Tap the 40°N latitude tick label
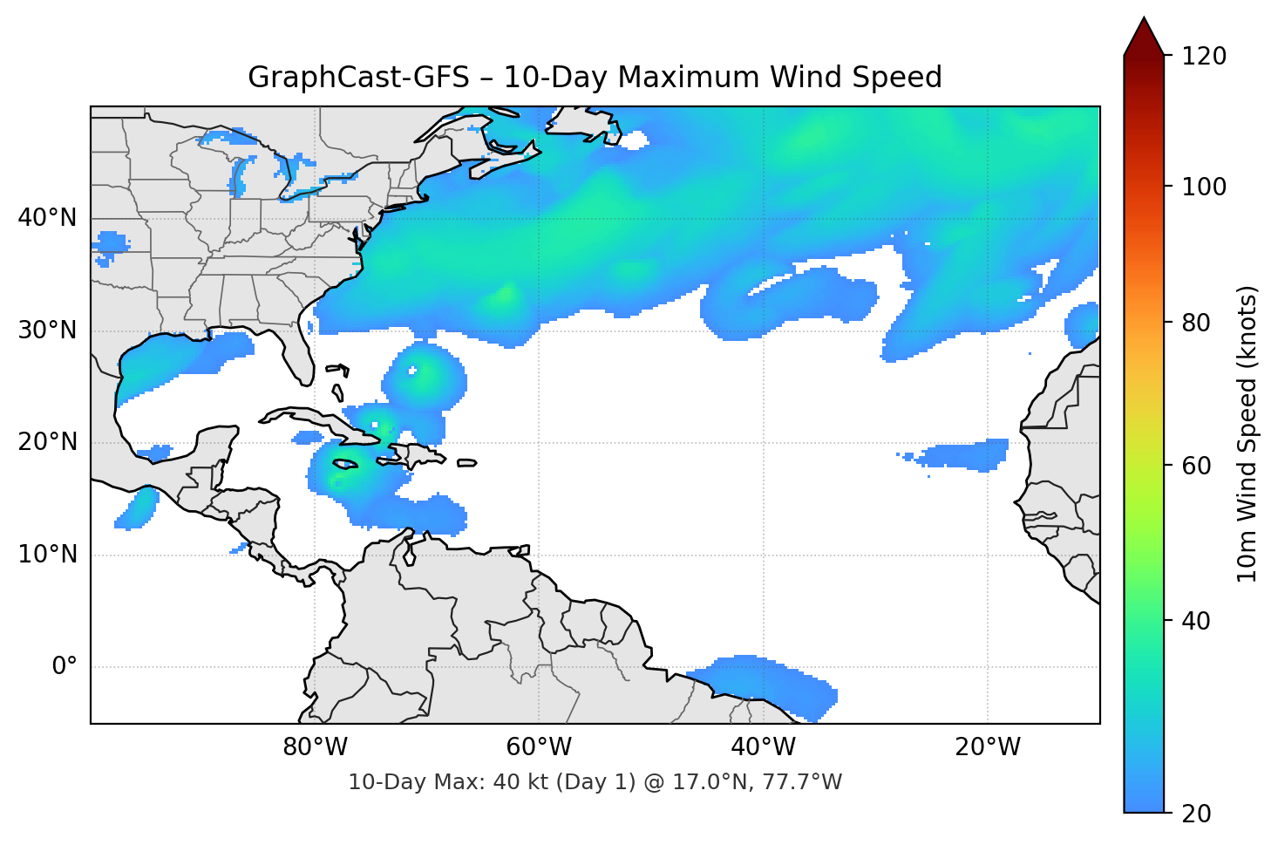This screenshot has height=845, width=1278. click(47, 218)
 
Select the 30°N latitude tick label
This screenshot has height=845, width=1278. click(47, 331)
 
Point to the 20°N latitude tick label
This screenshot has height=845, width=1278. click(47, 442)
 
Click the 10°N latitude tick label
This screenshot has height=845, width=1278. click(47, 555)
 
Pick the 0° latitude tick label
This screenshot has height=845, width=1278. click(65, 667)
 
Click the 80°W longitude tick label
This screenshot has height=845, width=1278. click(315, 747)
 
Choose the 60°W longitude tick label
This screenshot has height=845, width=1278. click(539, 747)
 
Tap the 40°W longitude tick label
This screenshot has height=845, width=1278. click(763, 747)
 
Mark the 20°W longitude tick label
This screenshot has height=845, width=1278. click(987, 747)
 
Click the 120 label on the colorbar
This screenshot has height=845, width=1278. click(1204, 57)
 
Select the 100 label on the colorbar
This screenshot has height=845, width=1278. click(1204, 187)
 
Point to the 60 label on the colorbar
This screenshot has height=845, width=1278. click(1196, 466)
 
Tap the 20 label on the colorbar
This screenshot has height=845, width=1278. click(1196, 814)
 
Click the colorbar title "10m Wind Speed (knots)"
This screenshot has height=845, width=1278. click(1247, 433)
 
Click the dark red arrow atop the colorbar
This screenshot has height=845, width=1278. click(1144, 37)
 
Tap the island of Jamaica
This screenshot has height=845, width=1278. click(345, 465)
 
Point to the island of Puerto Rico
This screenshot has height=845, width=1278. click(466, 463)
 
